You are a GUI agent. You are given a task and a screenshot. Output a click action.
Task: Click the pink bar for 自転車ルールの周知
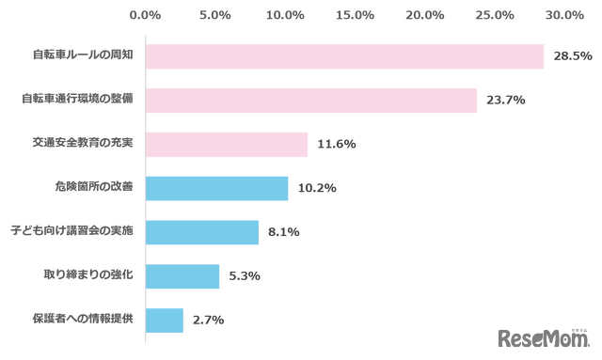[345, 56]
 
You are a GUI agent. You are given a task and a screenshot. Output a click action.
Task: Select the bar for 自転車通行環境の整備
[311, 101]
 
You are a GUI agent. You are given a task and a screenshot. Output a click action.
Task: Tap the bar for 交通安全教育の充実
[227, 145]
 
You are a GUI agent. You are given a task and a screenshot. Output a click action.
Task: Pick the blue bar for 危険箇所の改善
[217, 188]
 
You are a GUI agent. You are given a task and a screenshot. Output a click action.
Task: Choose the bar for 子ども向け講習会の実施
[202, 232]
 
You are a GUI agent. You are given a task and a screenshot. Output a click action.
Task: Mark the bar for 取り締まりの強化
[182, 276]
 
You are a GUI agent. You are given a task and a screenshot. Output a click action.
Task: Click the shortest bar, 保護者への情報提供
[165, 321]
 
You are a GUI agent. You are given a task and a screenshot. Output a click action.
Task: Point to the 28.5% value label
[573, 56]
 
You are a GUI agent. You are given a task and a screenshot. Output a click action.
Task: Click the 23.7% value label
[506, 101]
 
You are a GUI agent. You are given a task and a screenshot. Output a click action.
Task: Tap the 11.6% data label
[337, 144]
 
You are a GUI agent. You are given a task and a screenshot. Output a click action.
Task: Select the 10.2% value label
[317, 188]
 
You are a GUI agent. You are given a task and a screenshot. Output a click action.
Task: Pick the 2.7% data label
[208, 321]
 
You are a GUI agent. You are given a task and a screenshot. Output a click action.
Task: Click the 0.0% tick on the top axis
[145, 15]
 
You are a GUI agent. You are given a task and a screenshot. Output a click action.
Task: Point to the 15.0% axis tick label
[355, 15]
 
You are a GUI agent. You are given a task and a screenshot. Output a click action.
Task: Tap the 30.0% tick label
[564, 15]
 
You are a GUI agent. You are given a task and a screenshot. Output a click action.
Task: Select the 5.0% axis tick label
[215, 15]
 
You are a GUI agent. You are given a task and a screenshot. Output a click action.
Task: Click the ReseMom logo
[544, 338]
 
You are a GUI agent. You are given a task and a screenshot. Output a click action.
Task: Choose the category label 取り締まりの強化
[88, 274]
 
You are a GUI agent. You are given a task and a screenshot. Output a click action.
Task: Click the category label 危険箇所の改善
[94, 187]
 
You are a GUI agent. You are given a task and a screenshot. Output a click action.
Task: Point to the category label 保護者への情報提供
[83, 319]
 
